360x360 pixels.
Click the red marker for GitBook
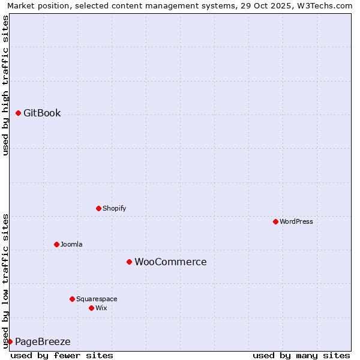18,113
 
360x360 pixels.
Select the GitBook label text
42,113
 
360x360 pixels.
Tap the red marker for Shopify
98,208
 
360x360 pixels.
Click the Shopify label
114,208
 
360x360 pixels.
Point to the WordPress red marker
275,221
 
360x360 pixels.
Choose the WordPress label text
296,221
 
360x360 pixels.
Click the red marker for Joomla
56,244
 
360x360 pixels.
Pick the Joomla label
71,244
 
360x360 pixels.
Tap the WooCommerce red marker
129,262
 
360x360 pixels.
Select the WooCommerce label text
170,262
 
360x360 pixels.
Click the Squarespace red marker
72,299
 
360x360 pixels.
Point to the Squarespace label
97,299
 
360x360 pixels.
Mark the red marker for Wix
91,308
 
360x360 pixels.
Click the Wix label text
101,308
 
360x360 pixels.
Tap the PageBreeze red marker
10,341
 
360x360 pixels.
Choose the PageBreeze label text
43,341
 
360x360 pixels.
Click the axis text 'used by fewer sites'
62,355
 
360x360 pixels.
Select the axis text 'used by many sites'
301,355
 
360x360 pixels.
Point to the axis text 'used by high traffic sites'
6,85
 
